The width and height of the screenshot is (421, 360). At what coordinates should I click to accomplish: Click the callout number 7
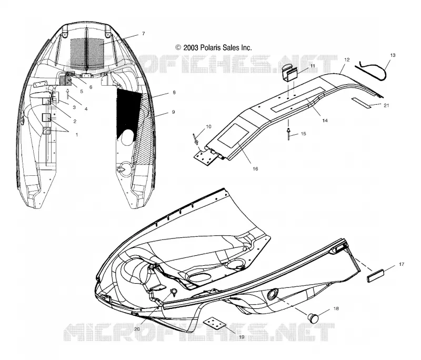point(143,34)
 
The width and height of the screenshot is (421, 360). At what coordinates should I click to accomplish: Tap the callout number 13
point(393,55)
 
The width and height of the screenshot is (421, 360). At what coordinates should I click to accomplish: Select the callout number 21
point(386,105)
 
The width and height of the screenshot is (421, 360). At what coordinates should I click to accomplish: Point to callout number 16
point(255,168)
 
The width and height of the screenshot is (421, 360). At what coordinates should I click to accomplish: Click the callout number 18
point(336,309)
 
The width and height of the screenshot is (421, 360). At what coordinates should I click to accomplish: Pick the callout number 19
point(242,337)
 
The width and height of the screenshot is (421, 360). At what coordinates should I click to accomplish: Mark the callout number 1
point(77,135)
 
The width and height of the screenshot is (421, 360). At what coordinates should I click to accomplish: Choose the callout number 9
point(173,112)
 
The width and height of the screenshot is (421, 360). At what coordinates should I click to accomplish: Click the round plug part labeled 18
point(313,318)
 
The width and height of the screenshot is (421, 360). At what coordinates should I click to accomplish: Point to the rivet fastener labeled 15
point(288,134)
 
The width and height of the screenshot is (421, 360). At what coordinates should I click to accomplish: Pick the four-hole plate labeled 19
point(216,324)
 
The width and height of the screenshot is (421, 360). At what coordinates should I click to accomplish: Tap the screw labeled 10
point(195,138)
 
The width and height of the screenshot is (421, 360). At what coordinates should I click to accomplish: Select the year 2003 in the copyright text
point(191,48)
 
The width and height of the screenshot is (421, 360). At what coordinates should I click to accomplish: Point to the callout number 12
point(347,59)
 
